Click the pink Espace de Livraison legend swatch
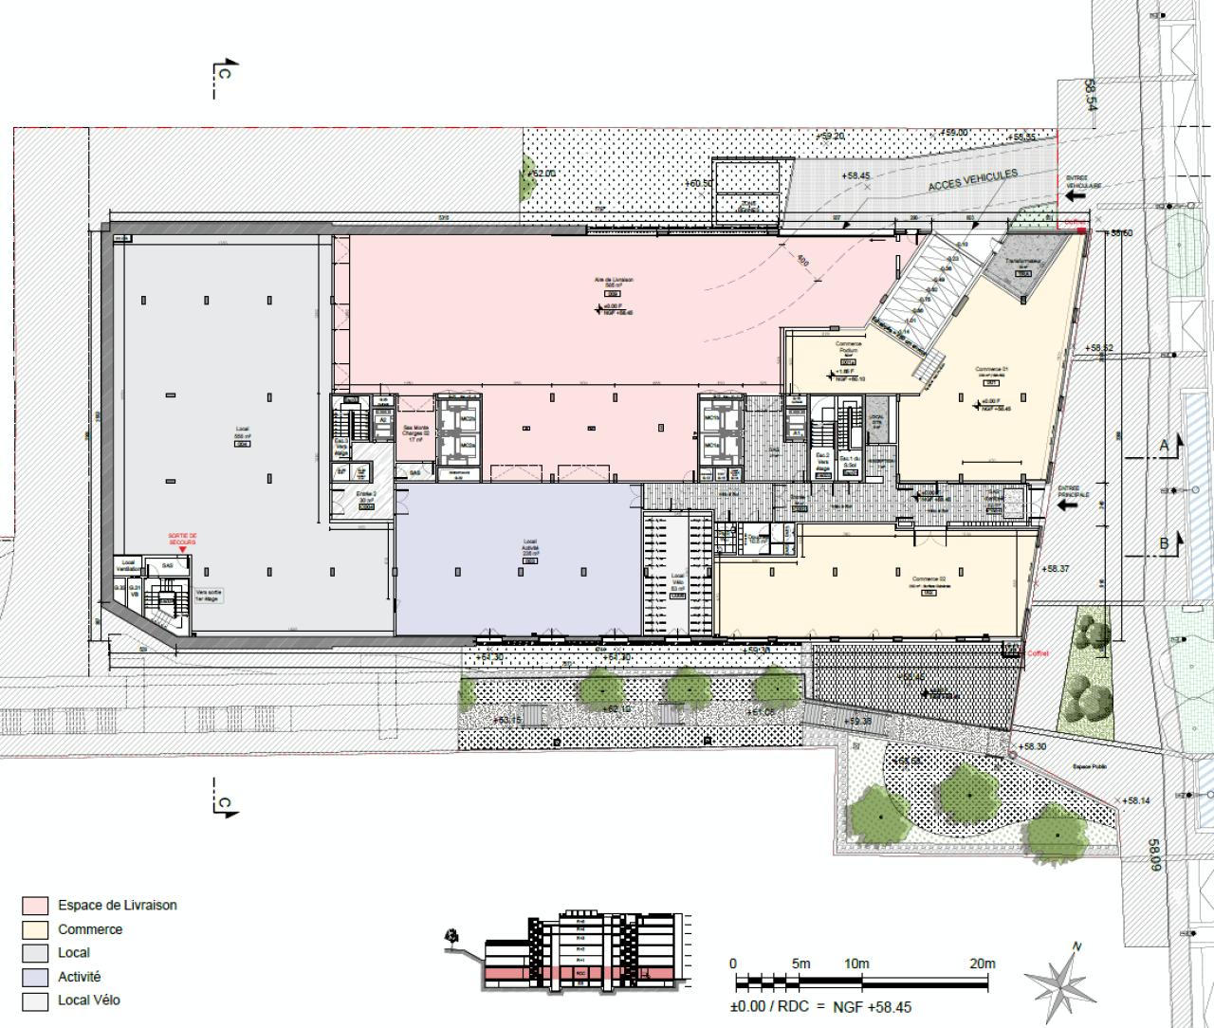pos(34,906)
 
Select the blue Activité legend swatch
pos(34,977)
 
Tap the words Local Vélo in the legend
pos(89,1000)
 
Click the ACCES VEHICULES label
pos(973,180)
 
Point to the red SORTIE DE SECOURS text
pos(182,538)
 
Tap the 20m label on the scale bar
pos(982,964)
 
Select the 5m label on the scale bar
pos(801,964)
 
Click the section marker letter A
pos(1164,445)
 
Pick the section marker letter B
pos(1164,543)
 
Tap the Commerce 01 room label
pos(989,370)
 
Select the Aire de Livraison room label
pos(614,280)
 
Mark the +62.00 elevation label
pos(543,174)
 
